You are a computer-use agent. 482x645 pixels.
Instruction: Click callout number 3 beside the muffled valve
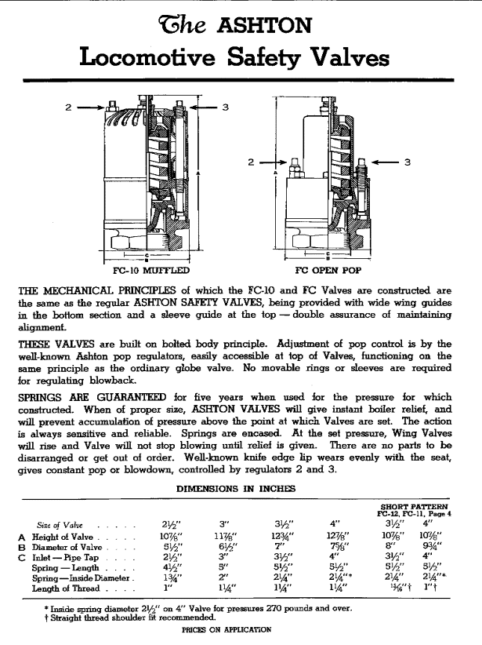225,107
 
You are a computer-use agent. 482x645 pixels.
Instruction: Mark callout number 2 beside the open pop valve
251,162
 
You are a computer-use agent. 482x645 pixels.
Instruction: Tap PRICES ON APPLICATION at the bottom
226,629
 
